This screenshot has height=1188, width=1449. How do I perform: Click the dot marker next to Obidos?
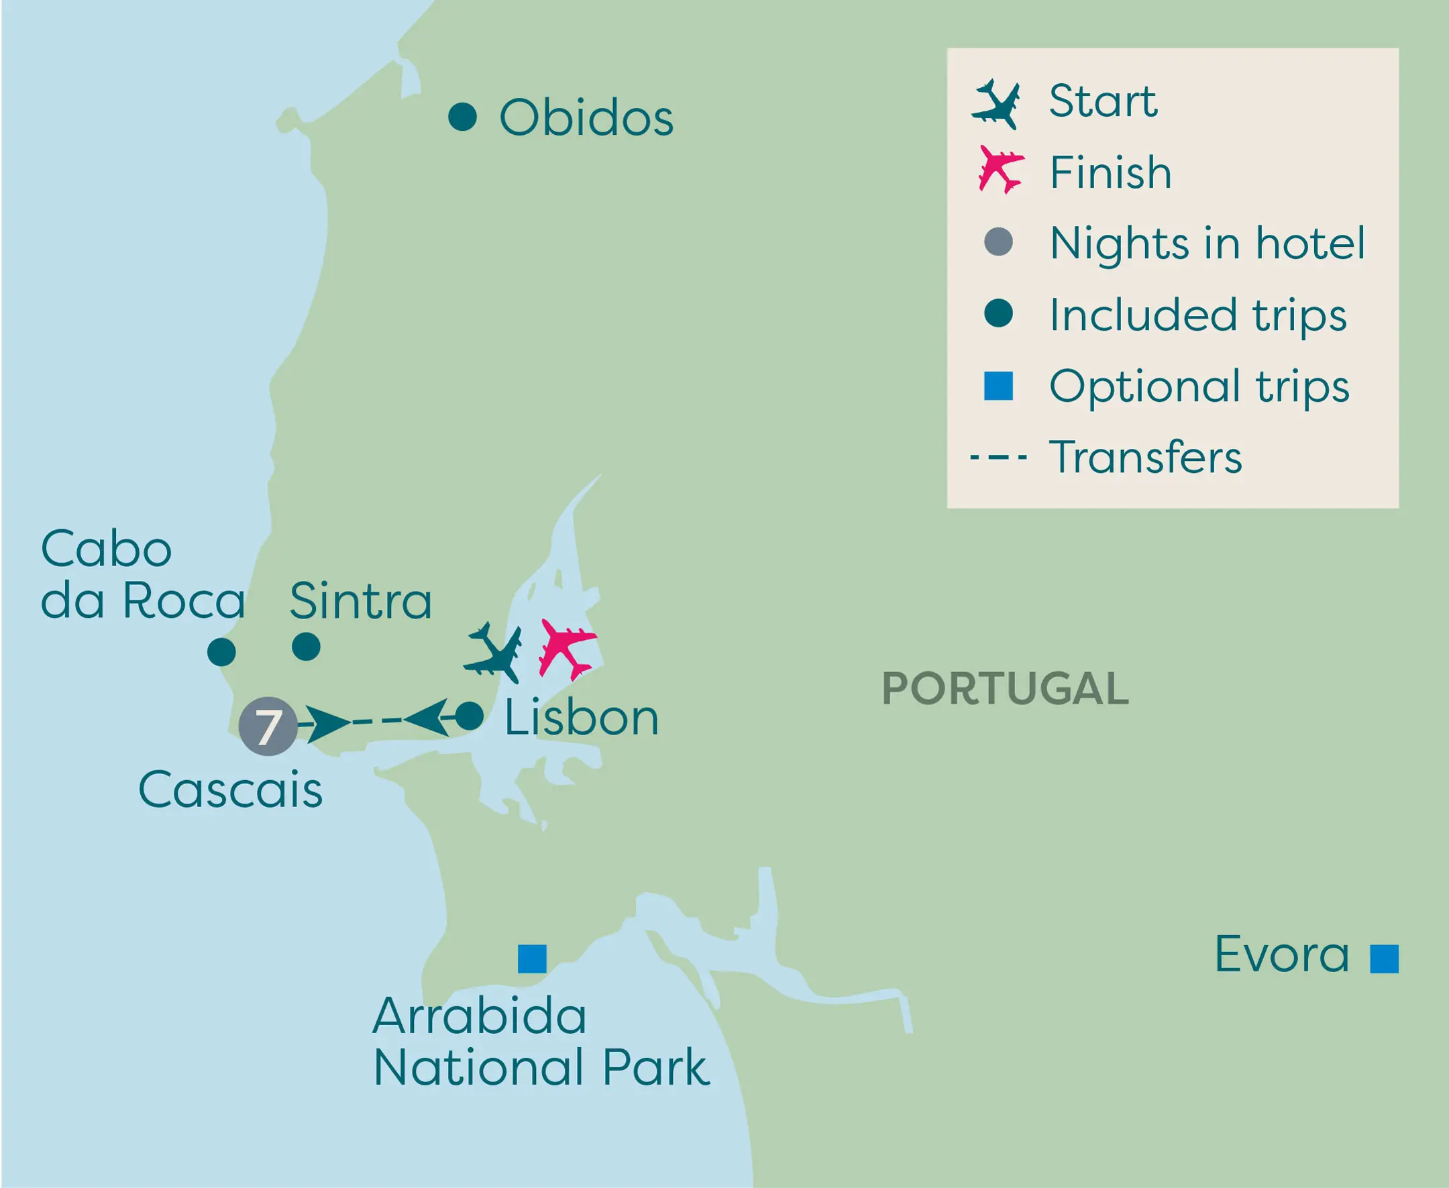(462, 117)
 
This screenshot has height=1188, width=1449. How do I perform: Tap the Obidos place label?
(586, 117)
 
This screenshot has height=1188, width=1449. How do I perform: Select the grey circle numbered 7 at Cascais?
(268, 726)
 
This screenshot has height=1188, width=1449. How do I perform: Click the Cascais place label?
(230, 790)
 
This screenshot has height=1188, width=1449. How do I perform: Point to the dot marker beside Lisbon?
(470, 716)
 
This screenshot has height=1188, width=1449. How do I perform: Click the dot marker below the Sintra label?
(306, 647)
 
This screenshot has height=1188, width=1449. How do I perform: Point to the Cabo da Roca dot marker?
(221, 652)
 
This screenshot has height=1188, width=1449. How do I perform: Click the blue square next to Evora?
(1384, 959)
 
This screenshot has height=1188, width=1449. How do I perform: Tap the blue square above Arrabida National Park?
(532, 959)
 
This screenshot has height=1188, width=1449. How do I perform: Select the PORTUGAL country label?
(1005, 688)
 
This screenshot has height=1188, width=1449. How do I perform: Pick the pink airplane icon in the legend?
(1000, 169)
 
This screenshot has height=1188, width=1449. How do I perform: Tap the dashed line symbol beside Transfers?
(998, 456)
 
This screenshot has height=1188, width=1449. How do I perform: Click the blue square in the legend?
(998, 386)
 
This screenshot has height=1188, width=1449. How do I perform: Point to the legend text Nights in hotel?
(1207, 243)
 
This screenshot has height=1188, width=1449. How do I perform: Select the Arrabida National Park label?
(541, 1042)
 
